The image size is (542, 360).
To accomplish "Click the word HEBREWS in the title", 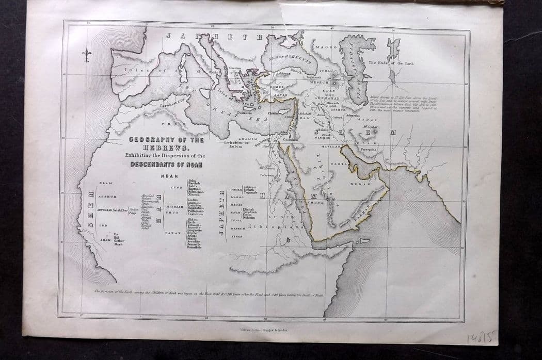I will [166, 147].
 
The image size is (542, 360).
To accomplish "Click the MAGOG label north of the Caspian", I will [326, 47].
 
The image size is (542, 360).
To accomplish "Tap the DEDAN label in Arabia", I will [360, 184].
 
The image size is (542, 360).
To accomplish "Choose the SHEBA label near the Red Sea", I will [316, 203].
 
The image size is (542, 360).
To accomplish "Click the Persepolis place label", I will [368, 150].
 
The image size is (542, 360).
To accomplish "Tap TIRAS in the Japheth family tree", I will [237, 236].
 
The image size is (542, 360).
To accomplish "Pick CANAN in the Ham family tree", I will [172, 233].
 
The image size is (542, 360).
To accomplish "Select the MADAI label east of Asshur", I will [372, 119].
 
